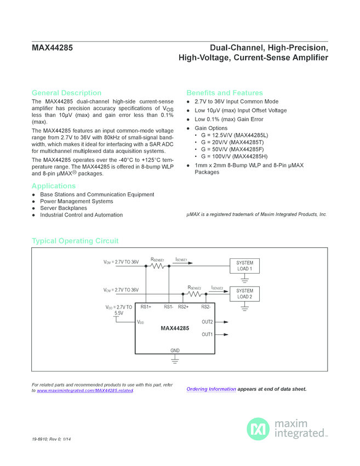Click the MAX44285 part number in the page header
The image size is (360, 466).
[52, 48]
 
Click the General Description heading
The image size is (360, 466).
[66, 93]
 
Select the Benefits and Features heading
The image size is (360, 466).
[225, 93]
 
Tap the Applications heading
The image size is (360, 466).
[54, 186]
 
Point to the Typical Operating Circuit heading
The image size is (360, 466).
[75, 241]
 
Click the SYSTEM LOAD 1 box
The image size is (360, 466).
[244, 266]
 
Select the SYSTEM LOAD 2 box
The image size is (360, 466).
[244, 293]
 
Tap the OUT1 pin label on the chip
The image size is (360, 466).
[207, 334]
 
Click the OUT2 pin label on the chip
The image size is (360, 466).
[207, 322]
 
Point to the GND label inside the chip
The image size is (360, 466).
[175, 350]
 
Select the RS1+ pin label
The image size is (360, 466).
[146, 307]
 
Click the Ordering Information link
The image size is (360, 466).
[211, 389]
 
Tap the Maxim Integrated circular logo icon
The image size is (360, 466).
[258, 429]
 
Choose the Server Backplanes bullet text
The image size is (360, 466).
[63, 208]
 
